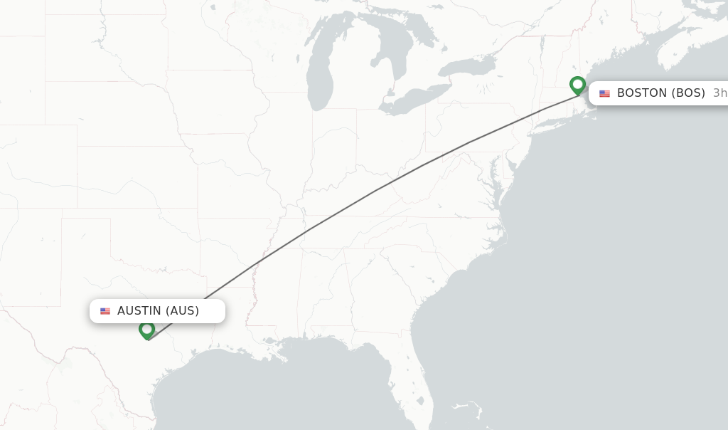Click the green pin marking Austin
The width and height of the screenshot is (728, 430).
[147, 330]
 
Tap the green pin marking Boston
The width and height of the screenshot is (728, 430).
[578, 85]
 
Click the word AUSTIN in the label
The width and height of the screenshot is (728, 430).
[139, 311]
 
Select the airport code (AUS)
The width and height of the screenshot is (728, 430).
[182, 311]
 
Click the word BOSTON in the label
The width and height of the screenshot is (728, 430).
[642, 93]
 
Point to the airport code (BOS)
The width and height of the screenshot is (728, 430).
[688, 93]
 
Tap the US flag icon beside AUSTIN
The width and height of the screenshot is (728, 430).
[105, 311]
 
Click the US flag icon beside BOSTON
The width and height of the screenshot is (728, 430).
[605, 93]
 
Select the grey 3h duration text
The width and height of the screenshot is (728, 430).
[719, 93]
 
